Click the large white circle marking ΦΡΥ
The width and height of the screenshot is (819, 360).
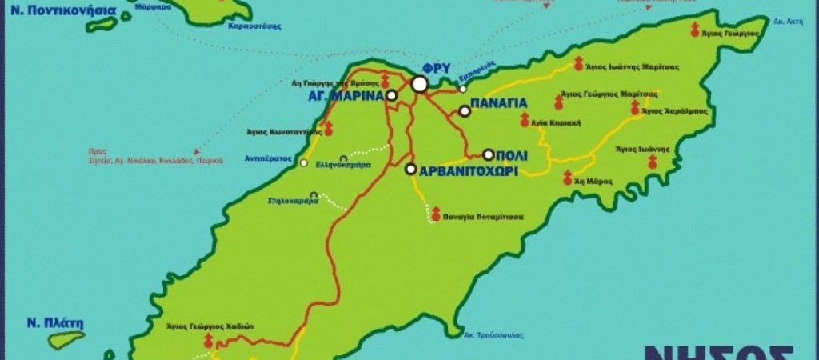(420, 84)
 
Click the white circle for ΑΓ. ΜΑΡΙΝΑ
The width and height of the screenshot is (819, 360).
(392, 96)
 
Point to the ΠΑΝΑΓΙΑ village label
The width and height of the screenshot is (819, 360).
(497, 103)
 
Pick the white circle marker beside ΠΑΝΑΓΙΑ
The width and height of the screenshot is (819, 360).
(464, 112)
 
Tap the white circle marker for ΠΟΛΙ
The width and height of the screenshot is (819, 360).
(488, 154)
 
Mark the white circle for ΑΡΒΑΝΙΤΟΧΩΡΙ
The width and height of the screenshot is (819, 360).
(410, 170)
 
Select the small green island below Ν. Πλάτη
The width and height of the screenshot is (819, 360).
(66, 339)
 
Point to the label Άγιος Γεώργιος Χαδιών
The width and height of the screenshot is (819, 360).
(209, 326)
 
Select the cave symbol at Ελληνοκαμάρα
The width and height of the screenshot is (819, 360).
(343, 158)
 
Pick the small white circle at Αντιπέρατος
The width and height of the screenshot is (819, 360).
(303, 163)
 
